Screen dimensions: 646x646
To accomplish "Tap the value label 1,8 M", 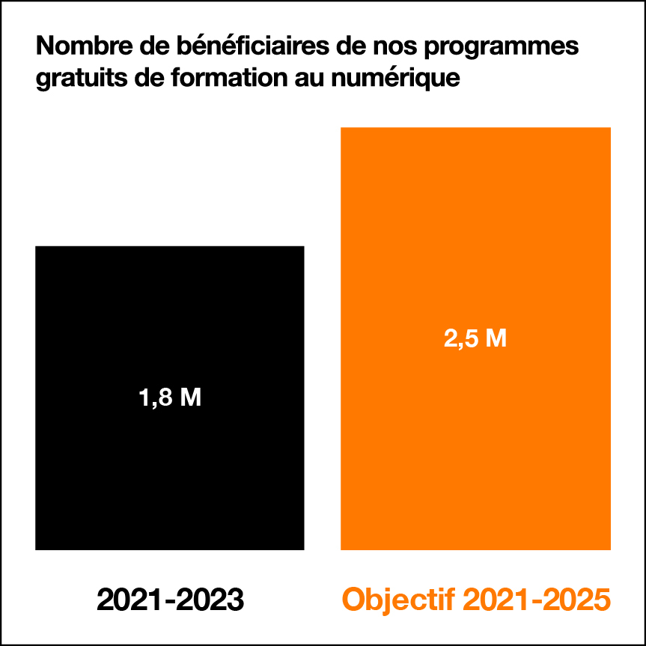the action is [x=170, y=398].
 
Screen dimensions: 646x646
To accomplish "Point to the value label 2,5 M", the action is [x=475, y=339].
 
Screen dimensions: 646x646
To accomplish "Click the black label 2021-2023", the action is [x=170, y=600].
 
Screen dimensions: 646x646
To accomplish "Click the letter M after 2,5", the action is [x=496, y=339].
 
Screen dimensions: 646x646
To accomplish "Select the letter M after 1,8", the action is [x=190, y=398].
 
